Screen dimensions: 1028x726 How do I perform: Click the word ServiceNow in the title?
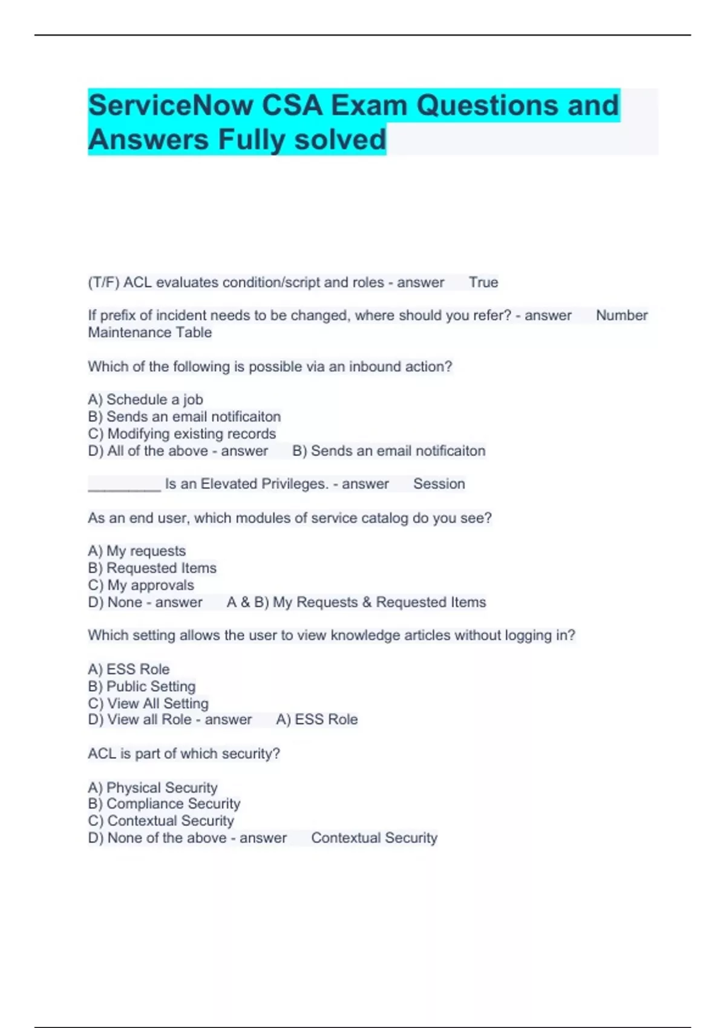[x=171, y=106]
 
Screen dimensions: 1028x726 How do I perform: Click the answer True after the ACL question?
[x=483, y=282]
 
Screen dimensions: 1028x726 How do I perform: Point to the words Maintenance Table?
[x=150, y=333]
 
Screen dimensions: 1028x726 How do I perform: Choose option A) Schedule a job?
[x=145, y=400]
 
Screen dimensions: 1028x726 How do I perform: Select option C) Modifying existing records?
[x=181, y=434]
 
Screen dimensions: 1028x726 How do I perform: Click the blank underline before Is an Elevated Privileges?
[x=124, y=484]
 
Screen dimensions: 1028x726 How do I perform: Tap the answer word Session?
[x=439, y=484]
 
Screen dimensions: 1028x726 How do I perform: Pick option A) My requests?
[x=137, y=551]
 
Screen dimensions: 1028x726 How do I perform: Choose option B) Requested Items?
[x=152, y=568]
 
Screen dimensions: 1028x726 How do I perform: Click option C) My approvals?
[x=141, y=585]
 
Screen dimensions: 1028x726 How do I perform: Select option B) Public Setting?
[x=142, y=686]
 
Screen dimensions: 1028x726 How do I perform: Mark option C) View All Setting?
[x=148, y=703]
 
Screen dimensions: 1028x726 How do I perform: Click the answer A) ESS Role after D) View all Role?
[x=317, y=720]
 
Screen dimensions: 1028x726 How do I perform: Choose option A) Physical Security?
[x=152, y=787]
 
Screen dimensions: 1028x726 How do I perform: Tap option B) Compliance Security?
[x=164, y=804]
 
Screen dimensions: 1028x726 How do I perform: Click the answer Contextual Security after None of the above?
[x=374, y=838]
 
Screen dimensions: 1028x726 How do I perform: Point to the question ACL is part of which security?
[x=184, y=753]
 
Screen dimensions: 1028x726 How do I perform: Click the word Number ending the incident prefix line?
[x=621, y=316]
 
